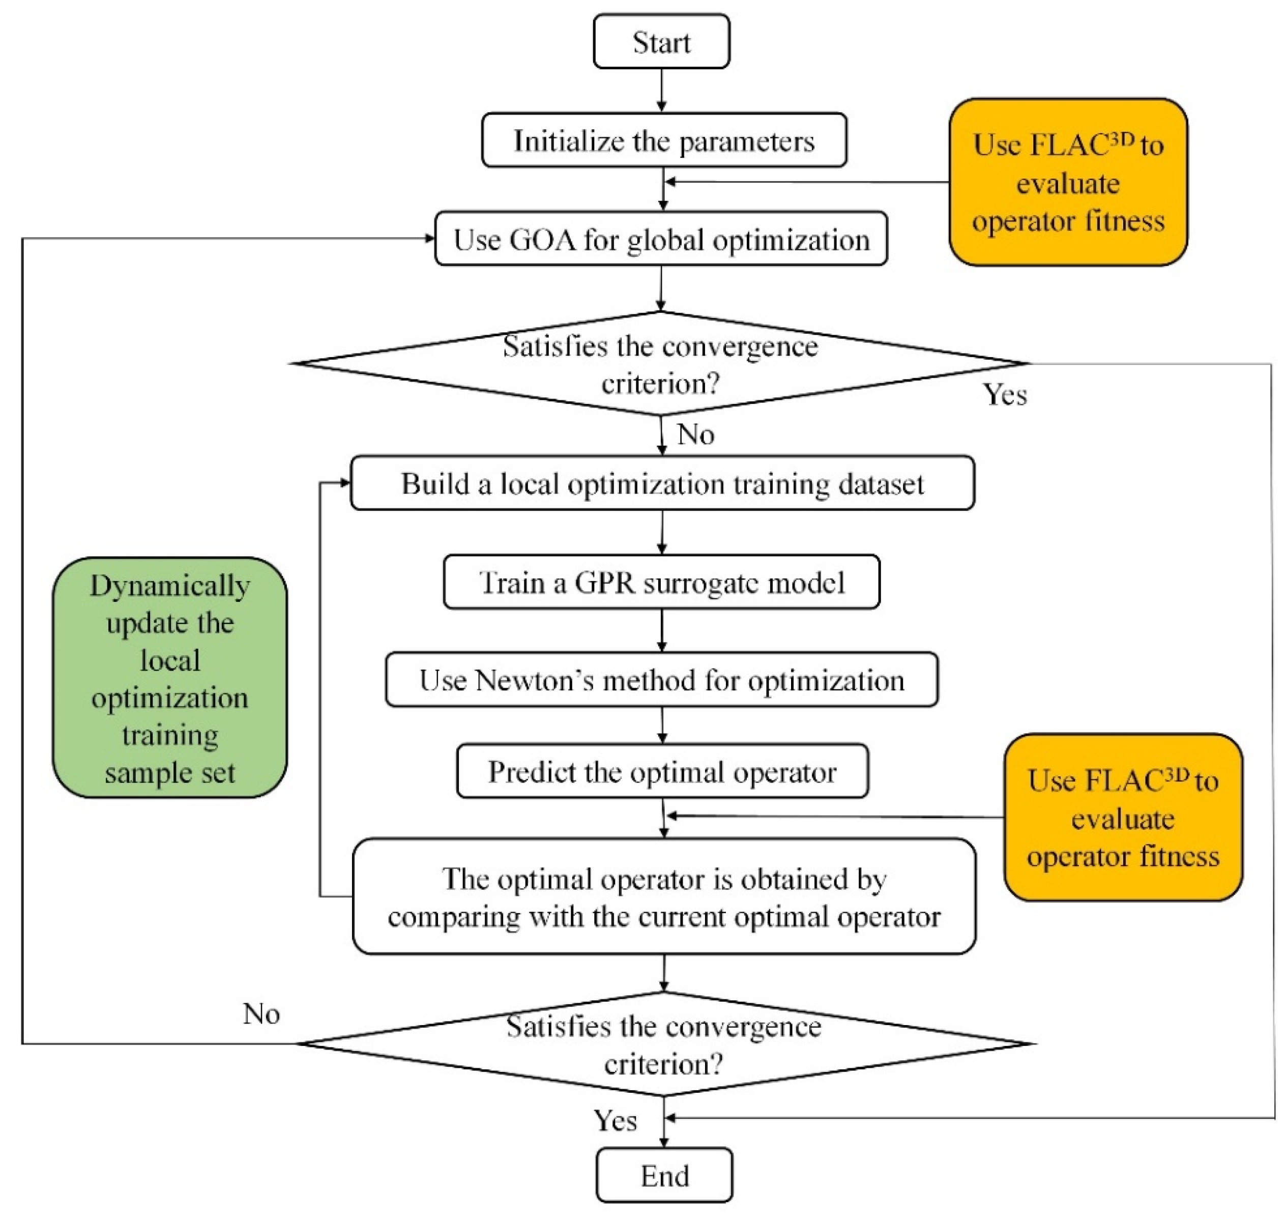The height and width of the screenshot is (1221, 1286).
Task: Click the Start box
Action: [x=661, y=42]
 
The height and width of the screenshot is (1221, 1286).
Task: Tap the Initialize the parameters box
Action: [x=664, y=140]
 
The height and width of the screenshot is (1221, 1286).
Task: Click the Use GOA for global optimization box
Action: [x=661, y=239]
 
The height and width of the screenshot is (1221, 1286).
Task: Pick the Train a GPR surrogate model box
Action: [x=661, y=582]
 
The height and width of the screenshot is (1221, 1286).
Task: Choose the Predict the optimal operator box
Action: [x=662, y=771]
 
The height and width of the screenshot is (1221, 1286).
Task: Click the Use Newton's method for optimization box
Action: [x=661, y=680]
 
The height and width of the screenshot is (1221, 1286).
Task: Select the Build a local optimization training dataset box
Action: [x=662, y=483]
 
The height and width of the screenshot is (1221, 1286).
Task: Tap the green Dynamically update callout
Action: [x=169, y=678]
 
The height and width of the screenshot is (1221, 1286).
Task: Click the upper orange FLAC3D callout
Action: [x=1067, y=182]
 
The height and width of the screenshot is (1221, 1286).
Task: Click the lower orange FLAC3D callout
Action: [x=1123, y=818]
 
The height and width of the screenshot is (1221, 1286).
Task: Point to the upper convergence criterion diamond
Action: [x=661, y=363]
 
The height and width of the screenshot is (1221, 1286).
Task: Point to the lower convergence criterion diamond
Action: [x=664, y=1044]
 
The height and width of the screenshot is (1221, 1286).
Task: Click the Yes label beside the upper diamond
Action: [x=1004, y=394]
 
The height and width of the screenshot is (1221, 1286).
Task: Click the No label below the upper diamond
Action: [x=695, y=434]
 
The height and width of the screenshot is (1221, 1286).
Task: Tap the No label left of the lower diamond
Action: [x=261, y=1014]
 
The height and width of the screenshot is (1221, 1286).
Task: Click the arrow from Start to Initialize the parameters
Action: [x=661, y=90]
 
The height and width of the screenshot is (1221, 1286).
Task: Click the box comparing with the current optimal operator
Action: [x=664, y=896]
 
